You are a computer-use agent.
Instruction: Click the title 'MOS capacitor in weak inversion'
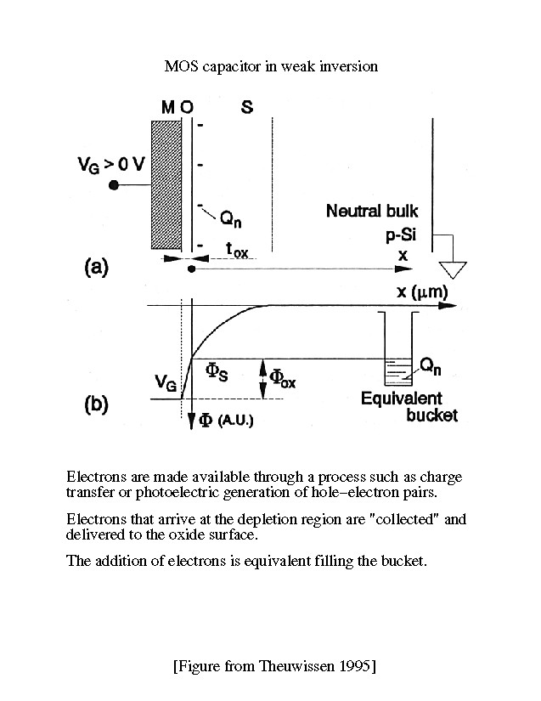point(269,66)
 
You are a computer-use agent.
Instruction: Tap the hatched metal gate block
point(166,184)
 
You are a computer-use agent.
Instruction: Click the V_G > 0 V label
point(104,167)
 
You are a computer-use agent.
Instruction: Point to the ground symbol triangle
point(456,270)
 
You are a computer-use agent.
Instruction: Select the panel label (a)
point(95,268)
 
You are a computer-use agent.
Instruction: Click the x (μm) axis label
point(422,293)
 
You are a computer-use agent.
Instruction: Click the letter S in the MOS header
point(246,108)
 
